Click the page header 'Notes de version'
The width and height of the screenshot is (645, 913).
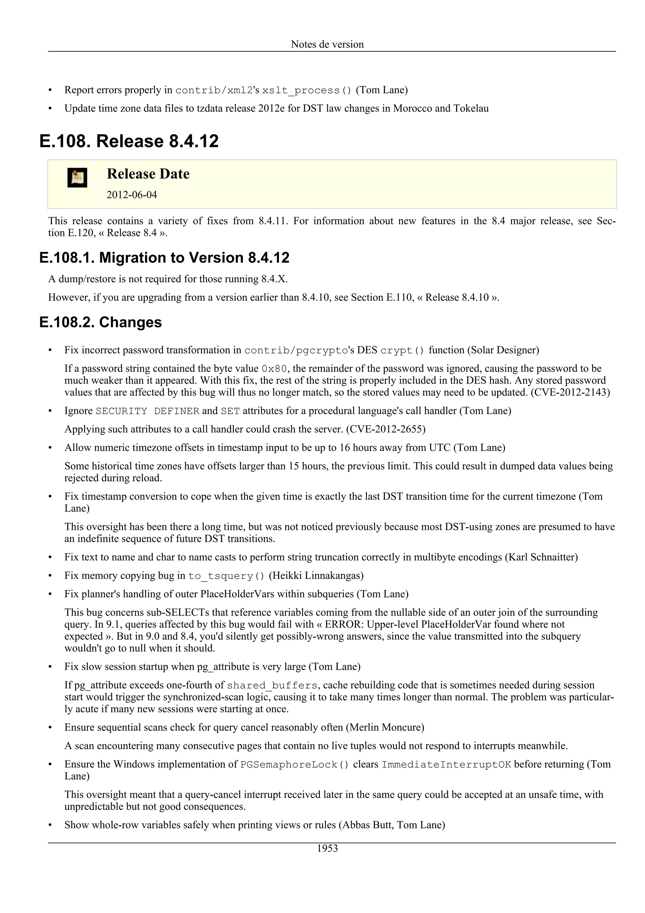click(x=327, y=44)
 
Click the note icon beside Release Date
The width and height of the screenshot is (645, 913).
click(x=77, y=177)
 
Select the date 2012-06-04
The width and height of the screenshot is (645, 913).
click(x=132, y=195)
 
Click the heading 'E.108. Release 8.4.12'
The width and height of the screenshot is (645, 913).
click(x=129, y=141)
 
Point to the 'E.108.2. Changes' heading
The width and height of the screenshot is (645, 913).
click(x=100, y=322)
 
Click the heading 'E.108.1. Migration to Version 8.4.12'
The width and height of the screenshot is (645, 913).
click(x=164, y=258)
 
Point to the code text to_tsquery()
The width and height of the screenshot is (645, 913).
click(x=226, y=576)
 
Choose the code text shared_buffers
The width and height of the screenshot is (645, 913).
click(x=272, y=685)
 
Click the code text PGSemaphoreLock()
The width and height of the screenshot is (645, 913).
click(x=294, y=764)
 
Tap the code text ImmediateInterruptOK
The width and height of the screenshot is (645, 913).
click(x=446, y=764)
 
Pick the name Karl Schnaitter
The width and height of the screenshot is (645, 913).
click(x=541, y=557)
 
